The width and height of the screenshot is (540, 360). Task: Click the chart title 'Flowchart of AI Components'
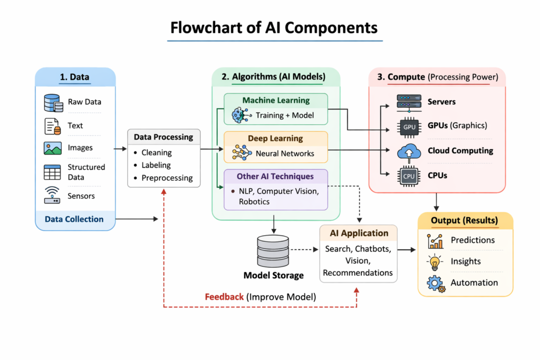(x=274, y=27)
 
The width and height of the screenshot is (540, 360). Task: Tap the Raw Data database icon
(x=53, y=102)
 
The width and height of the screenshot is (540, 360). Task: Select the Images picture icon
(x=53, y=148)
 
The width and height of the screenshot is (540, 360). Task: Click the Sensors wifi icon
(x=53, y=195)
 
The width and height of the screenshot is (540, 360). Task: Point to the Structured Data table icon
(x=53, y=172)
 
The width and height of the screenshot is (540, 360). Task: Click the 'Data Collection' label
(x=74, y=219)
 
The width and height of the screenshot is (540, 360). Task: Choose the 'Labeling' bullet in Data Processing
(x=156, y=165)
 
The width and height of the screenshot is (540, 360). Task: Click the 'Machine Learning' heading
(x=276, y=100)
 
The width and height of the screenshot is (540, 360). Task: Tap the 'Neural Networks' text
(x=285, y=153)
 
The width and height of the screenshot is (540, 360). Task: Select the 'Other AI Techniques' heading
(x=275, y=177)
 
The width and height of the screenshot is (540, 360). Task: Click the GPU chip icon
(x=409, y=127)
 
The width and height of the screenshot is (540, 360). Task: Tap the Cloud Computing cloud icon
(x=409, y=152)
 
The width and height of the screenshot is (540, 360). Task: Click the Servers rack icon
(x=409, y=102)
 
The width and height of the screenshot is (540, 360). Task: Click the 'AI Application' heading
(x=359, y=233)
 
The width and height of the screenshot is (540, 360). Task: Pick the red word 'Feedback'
(x=224, y=297)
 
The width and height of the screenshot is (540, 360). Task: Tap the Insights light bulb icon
(x=435, y=262)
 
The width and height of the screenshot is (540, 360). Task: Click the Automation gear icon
(x=436, y=284)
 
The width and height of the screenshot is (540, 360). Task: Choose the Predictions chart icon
(x=436, y=240)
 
